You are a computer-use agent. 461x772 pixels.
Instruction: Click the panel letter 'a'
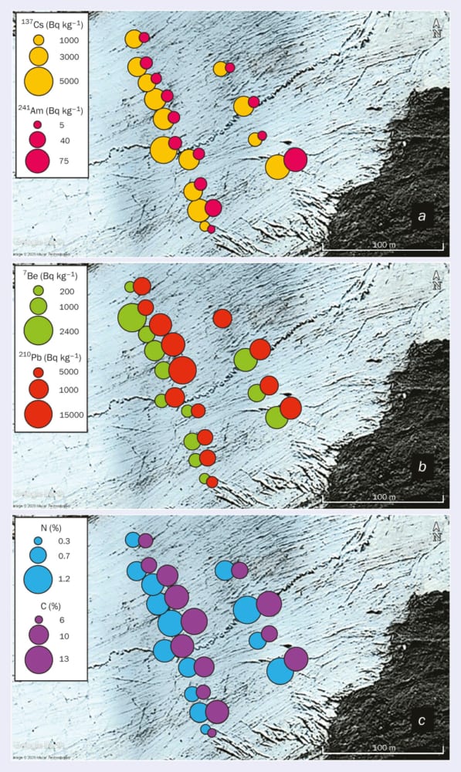(x=422, y=217)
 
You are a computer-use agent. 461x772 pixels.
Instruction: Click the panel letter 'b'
(x=422, y=467)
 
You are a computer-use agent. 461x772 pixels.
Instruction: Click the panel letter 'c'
(x=422, y=722)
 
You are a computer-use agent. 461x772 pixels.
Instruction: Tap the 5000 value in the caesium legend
(x=69, y=80)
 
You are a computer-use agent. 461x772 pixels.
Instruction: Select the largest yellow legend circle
(x=38, y=80)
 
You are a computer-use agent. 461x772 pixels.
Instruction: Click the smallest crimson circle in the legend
(x=37, y=124)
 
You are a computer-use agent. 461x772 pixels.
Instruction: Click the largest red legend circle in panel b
(x=37, y=415)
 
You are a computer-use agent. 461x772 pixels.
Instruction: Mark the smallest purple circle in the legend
(x=38, y=619)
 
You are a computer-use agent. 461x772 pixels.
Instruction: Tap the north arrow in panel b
(x=437, y=279)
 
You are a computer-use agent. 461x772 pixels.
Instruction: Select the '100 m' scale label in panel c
(x=383, y=747)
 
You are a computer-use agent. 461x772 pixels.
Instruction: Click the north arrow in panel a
(x=437, y=28)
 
